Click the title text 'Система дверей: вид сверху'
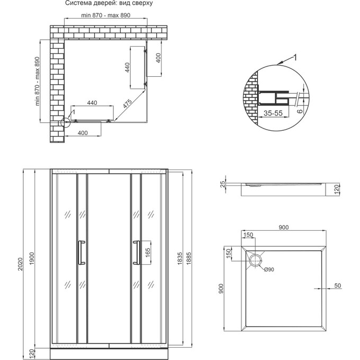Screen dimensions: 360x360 [x=109, y=4]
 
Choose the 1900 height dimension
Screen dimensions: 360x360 [x=33, y=258]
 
